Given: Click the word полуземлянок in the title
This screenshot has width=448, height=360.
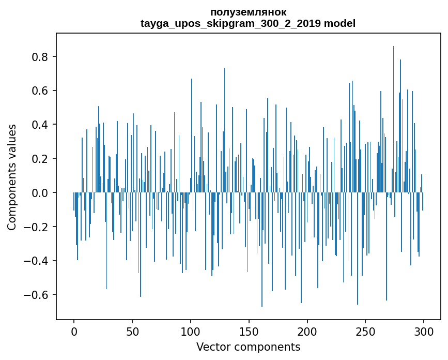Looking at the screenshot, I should tap(248, 12).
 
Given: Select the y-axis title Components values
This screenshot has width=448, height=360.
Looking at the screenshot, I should tap(12, 177).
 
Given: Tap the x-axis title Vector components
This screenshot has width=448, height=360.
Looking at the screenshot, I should tap(248, 347).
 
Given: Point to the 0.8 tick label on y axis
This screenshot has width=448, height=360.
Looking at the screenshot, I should tap(41, 56).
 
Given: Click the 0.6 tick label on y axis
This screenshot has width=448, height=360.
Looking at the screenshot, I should tap(41, 91).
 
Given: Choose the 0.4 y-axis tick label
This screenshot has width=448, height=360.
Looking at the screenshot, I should tap(41, 125).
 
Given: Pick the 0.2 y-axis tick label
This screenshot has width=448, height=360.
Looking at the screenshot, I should tap(41, 158).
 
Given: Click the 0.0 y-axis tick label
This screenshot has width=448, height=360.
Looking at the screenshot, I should tap(41, 192).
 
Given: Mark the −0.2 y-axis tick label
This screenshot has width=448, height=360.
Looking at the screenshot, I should tap(37, 227).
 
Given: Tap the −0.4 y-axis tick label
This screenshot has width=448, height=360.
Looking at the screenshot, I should tap(37, 261).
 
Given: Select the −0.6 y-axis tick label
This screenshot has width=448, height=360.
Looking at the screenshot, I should tap(37, 295).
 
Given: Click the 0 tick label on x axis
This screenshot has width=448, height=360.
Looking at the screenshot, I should tap(74, 331).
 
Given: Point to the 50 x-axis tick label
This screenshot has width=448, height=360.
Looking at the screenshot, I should tap(132, 331).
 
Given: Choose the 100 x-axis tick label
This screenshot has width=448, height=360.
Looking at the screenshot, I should tap(191, 331).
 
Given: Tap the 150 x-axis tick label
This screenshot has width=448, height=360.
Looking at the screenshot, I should tap(249, 331).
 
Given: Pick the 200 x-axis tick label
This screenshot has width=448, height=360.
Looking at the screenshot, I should tap(307, 331).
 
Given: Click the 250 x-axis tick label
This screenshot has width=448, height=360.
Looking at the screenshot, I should tap(366, 331).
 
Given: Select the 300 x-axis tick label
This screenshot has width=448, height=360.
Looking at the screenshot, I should tap(424, 331).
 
